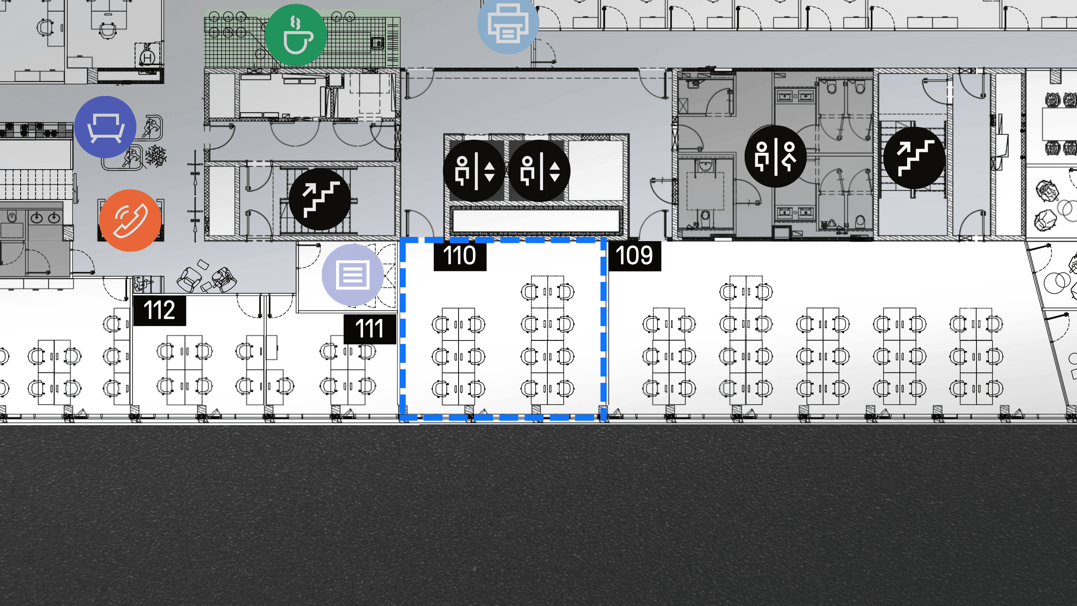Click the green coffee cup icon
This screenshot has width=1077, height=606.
pos(296,35)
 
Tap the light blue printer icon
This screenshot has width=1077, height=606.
pos(508,24)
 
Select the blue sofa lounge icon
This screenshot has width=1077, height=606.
pos(105,127)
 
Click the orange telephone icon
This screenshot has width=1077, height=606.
pos(130,221)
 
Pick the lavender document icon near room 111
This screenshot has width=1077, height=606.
pos(353,275)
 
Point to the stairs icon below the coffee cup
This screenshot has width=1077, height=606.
pos(320,199)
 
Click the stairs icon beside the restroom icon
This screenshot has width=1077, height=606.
pos(915,158)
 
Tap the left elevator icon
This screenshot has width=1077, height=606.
pos(474,171)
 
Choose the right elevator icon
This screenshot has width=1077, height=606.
pos(539,171)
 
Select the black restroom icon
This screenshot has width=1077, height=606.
pos(775,157)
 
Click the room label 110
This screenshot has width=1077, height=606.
pos(460,255)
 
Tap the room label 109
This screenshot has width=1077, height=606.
pos(634,255)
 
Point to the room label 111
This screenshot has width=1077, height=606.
pos(370,329)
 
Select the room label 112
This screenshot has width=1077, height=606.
pos(159,311)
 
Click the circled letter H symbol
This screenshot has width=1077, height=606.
pos(148,58)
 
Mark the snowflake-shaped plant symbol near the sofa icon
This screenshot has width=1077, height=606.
pos(156,156)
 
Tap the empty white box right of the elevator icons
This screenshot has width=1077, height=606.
pos(596,170)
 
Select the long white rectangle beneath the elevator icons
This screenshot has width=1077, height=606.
pos(536,220)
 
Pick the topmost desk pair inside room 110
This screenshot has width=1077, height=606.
pos(547,292)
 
